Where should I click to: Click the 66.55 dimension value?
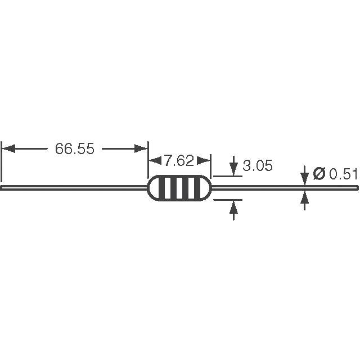(x=75, y=149)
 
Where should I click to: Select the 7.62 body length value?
(x=178, y=161)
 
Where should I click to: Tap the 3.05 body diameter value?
(x=257, y=166)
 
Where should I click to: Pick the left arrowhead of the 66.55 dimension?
(x=8, y=149)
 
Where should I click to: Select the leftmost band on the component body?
(x=159, y=187)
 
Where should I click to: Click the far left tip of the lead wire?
(x=2, y=188)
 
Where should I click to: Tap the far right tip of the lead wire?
(x=357, y=188)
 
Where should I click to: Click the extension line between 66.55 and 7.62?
(x=148, y=160)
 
